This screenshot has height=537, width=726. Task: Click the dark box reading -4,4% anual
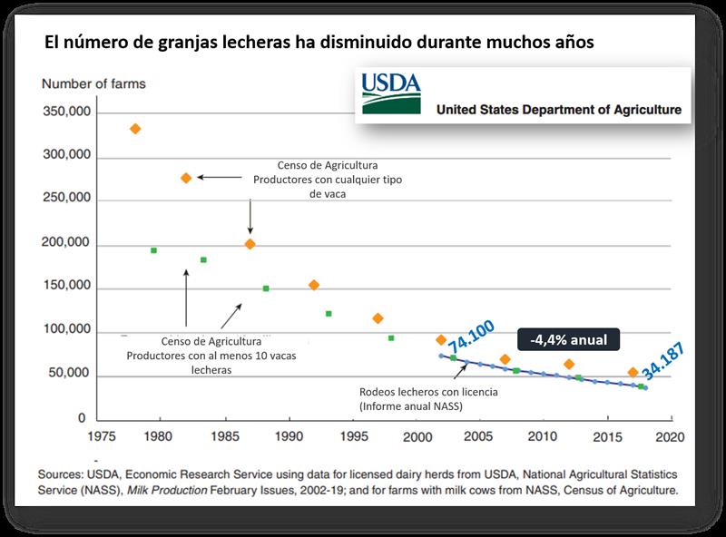568,340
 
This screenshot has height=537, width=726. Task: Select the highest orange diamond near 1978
135,129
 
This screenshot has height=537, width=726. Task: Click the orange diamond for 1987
250,244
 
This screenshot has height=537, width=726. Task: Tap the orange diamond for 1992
314,285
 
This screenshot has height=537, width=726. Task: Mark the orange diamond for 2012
569,365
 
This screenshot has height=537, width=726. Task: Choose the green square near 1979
153,250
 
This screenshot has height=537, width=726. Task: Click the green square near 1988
266,288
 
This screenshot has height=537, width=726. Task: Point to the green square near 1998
391,338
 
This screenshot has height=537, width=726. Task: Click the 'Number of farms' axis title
93,84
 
